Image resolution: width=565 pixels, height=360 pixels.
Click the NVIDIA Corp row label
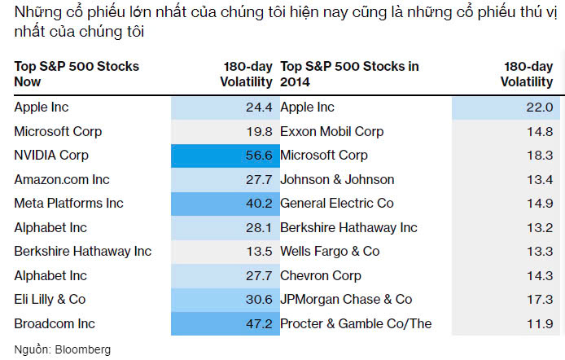pos(51,156)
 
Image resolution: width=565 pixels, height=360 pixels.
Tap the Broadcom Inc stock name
pos(55,324)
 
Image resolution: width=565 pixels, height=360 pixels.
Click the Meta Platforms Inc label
pos(68,204)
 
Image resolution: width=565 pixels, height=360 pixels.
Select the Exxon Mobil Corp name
pos(331,131)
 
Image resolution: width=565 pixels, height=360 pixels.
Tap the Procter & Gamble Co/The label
pos(356,324)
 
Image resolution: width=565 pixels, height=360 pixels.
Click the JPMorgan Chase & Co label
pos(346,300)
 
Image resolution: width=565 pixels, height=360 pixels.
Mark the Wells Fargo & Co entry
pos(330,252)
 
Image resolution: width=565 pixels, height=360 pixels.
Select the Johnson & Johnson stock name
pos(337,179)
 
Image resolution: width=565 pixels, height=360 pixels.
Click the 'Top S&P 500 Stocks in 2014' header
pos(350,74)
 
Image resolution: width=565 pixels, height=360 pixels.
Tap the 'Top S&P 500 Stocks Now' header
pos(77,74)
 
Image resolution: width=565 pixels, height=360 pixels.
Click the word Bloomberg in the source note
pos(82,349)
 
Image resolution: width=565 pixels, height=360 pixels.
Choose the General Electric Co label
pos(337,204)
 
